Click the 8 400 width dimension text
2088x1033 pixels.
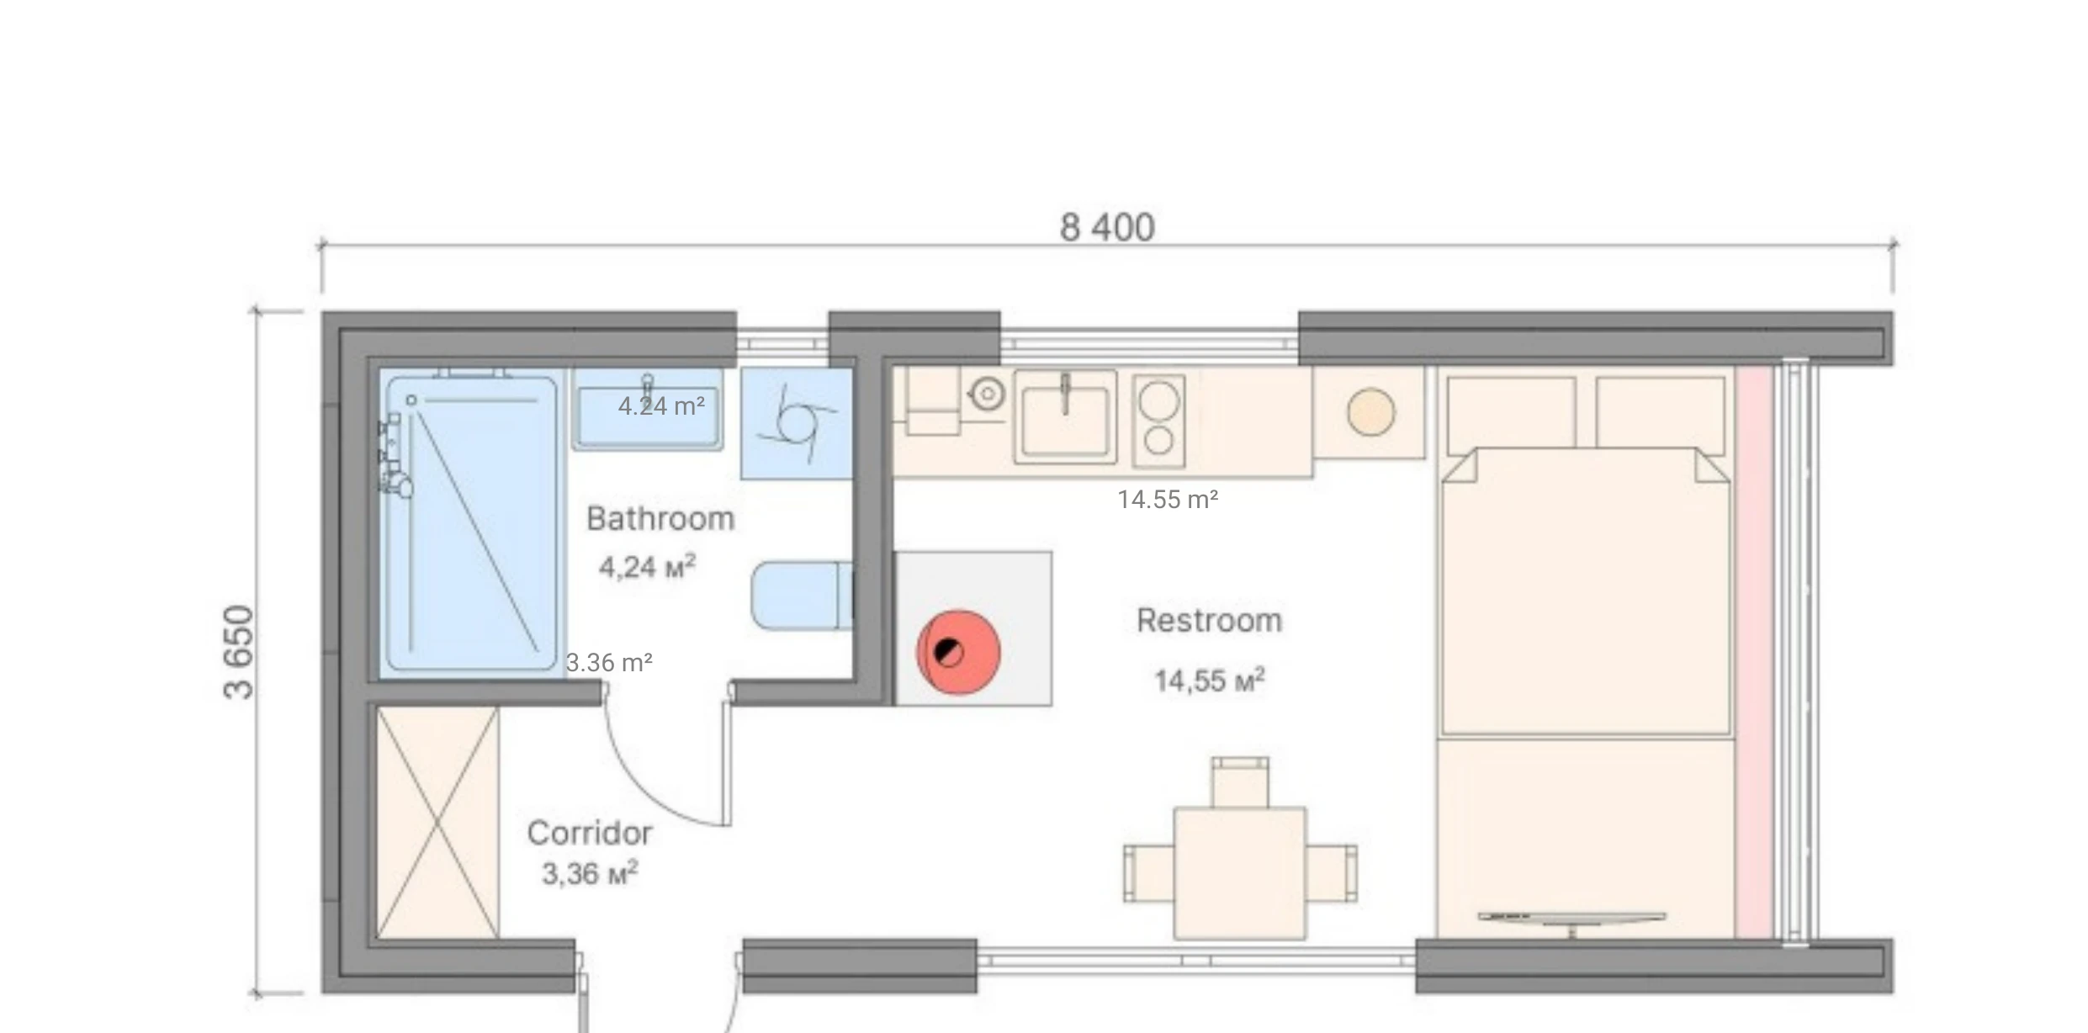(1106, 227)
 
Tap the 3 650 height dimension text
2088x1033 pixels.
(239, 652)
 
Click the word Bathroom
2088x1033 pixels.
(660, 519)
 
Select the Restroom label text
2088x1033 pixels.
(1209, 621)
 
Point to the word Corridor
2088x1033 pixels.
(590, 834)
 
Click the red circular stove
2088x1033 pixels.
(958, 652)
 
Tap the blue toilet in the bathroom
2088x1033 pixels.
(799, 596)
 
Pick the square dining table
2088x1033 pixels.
(1239, 873)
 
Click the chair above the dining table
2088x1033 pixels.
(1240, 782)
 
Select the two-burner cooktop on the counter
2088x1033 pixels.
(1158, 421)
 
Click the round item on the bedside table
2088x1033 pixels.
(1370, 412)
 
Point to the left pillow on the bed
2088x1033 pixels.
(1511, 411)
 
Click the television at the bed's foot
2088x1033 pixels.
(1571, 919)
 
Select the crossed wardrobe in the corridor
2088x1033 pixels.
(437, 822)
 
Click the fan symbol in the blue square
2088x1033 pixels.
(796, 423)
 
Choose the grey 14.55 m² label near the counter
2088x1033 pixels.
(1168, 500)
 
